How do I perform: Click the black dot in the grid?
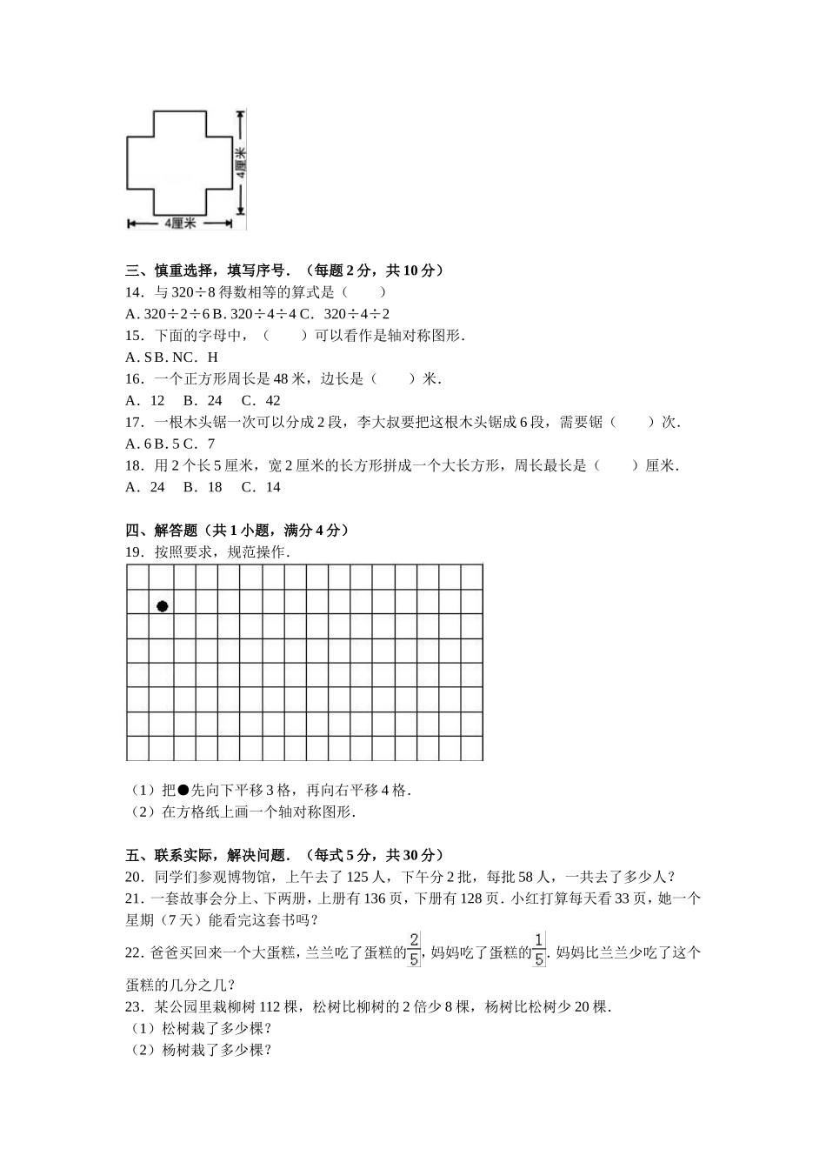[163, 606]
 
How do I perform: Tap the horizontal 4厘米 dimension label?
[180, 224]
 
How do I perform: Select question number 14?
[134, 292]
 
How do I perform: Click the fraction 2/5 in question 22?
[414, 950]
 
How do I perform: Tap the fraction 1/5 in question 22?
[539, 950]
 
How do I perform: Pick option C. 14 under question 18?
[261, 487]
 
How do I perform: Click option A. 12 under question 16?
[145, 401]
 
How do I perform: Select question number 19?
[134, 551]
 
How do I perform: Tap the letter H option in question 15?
[213, 357]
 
